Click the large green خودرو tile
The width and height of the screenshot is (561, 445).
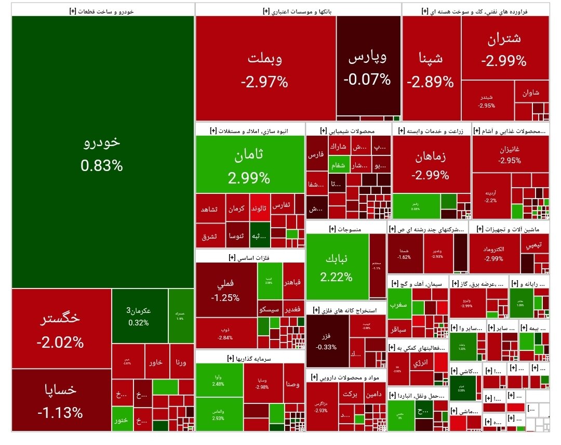102,152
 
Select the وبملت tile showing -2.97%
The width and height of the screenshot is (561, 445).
265,69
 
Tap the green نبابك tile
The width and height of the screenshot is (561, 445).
337,268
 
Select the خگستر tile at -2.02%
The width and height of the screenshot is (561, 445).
61,329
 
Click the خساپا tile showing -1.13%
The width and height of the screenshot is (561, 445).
61,399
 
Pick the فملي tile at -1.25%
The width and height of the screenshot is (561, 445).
226,290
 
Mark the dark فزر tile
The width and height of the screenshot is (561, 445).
326,341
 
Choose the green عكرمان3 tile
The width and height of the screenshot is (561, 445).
139,316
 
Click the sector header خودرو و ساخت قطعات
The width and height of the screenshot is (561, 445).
102,10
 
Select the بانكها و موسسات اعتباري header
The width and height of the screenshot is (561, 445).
298,10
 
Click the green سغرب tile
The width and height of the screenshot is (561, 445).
402,305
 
